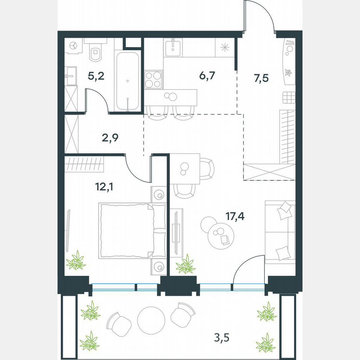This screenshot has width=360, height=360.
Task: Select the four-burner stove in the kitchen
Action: click(x=153, y=79)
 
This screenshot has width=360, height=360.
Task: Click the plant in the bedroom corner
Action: click(x=76, y=261)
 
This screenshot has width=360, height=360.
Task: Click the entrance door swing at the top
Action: click(x=260, y=17)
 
